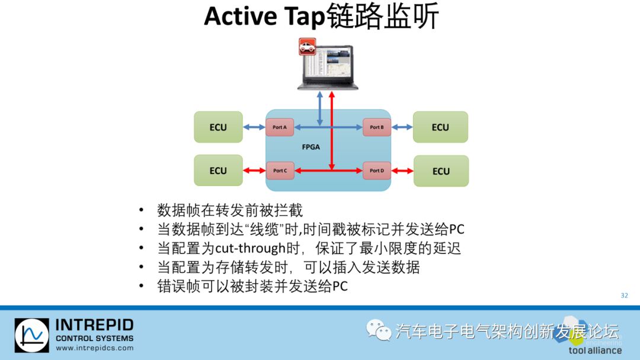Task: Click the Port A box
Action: pyautogui.click(x=280, y=127)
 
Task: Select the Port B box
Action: pyautogui.click(x=377, y=127)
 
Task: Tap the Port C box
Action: pyautogui.click(x=280, y=171)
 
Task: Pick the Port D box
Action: pyautogui.click(x=377, y=171)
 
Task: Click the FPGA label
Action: pyautogui.click(x=311, y=147)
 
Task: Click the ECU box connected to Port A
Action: pyautogui.click(x=218, y=127)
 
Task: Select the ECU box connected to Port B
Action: pyautogui.click(x=440, y=127)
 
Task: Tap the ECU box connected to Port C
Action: pyautogui.click(x=218, y=171)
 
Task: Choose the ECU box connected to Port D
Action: pyautogui.click(x=441, y=171)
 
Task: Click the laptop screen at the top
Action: pyautogui.click(x=327, y=65)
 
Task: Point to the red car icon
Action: pyautogui.click(x=307, y=46)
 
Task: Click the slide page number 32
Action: pyautogui.click(x=624, y=295)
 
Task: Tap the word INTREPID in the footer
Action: pyautogui.click(x=94, y=325)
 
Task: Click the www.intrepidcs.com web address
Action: pyautogui.click(x=94, y=348)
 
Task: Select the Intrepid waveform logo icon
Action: pyautogui.click(x=32, y=336)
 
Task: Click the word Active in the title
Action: pyautogui.click(x=241, y=17)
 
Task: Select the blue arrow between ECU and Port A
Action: pyautogui.click(x=254, y=127)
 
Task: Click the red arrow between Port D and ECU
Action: pyautogui.click(x=402, y=171)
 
